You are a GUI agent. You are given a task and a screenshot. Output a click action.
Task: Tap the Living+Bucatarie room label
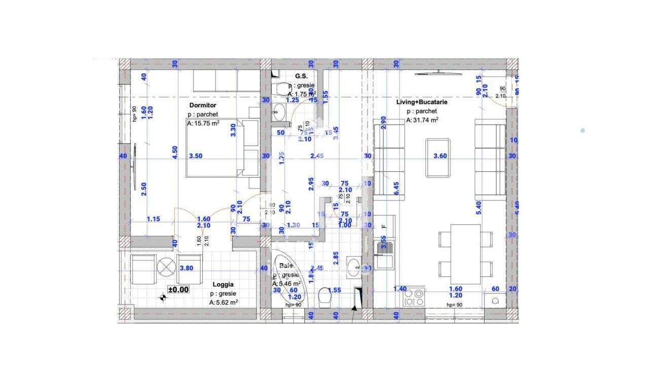click(x=422, y=102)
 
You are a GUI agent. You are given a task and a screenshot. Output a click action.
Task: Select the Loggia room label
click(x=223, y=285)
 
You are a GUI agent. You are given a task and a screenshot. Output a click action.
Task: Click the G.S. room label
click(x=301, y=76)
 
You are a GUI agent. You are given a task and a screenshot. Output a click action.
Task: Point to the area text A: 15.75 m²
click(x=203, y=124)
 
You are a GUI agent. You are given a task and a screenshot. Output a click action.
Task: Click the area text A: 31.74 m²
click(x=422, y=121)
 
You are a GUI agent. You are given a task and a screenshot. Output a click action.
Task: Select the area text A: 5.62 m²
click(x=224, y=302)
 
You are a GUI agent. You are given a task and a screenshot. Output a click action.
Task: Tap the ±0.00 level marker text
click(x=178, y=290)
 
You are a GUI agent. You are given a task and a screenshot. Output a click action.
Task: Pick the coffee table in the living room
click(x=439, y=158)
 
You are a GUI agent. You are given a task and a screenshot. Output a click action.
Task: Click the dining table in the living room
click(x=465, y=254)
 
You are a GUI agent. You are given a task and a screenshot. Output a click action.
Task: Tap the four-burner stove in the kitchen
click(x=414, y=297)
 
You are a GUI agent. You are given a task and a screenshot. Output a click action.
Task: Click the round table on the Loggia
click(x=165, y=267)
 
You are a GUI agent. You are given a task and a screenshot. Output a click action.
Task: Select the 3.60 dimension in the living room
click(x=440, y=156)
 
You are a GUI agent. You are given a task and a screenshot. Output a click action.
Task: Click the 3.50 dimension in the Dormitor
click(x=195, y=156)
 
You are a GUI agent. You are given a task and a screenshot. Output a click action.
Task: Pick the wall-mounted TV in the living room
click(x=438, y=74)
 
